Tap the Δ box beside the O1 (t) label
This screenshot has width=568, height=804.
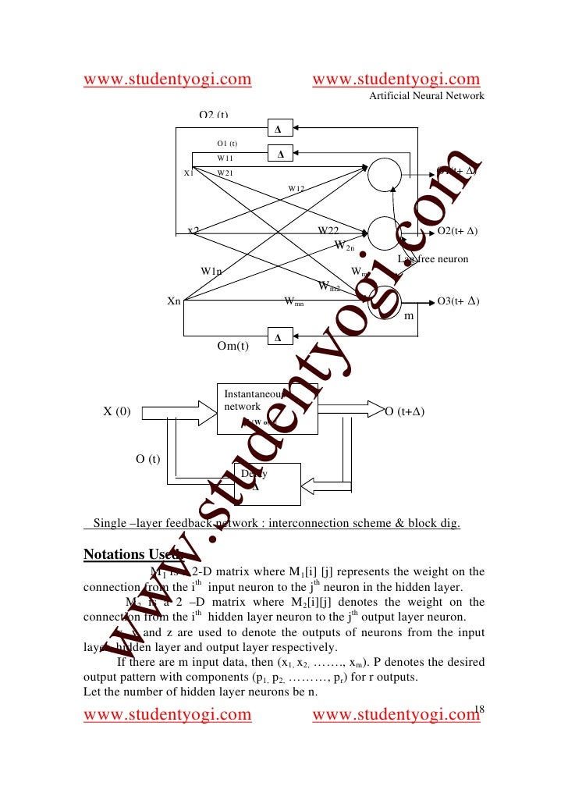pos(280,155)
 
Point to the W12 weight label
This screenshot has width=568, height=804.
pos(296,188)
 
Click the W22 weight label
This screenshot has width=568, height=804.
pos(328,231)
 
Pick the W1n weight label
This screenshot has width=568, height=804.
pos(211,271)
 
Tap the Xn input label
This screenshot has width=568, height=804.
pos(174,301)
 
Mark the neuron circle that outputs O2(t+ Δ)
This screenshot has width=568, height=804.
pos(383,231)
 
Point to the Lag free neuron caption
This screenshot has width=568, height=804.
pos(433,258)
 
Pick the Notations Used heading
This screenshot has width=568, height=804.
pos(132,556)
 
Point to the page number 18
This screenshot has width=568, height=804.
pos(479,708)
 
